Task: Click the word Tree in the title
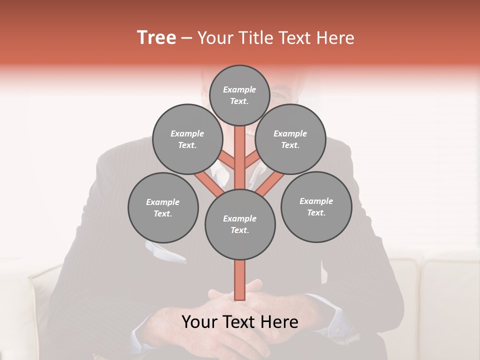tap(156, 38)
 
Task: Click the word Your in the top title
tap(216, 38)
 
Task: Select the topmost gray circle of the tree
tap(239, 95)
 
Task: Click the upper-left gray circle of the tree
tap(187, 139)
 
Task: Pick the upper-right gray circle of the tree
tap(290, 139)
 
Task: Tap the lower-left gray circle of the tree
tap(163, 207)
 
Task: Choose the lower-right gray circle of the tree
tap(316, 206)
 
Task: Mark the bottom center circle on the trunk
tap(240, 224)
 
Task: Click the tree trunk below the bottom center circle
tap(240, 280)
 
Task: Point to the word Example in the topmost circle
tap(239, 89)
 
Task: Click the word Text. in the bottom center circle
tap(239, 230)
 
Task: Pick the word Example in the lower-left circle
tap(162, 202)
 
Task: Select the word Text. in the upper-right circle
tap(290, 145)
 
